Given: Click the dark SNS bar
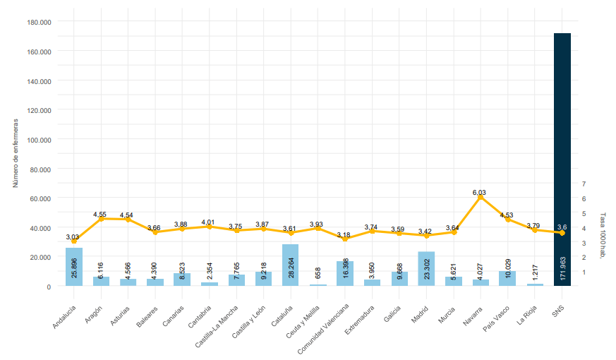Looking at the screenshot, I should (x=562, y=141).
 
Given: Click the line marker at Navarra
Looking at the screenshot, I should (x=481, y=198).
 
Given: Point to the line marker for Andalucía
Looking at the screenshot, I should (x=74, y=241).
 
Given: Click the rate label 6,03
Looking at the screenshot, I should (x=479, y=192).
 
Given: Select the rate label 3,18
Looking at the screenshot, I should (x=344, y=234).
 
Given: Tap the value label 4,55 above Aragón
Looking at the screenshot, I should (x=99, y=215).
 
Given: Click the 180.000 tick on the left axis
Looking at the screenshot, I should (x=39, y=22).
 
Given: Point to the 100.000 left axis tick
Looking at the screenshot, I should (x=39, y=140).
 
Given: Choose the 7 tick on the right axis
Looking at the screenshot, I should (x=584, y=184).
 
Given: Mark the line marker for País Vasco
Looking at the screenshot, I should (x=507, y=220).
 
